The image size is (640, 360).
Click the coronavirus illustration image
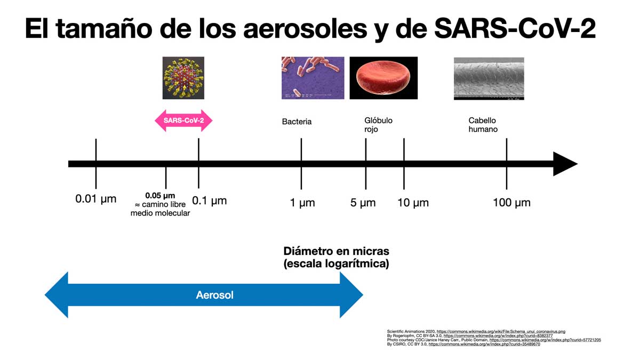(x=183, y=78)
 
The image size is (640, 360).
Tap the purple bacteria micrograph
(x=313, y=78)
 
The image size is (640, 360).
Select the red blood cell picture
(x=383, y=78)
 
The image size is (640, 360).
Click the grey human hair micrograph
(x=489, y=78)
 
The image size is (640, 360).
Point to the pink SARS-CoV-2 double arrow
(x=183, y=121)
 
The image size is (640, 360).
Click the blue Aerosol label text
(x=214, y=295)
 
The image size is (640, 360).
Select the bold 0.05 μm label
(x=160, y=196)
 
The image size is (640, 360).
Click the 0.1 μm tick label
(x=209, y=201)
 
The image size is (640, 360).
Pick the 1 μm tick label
(x=302, y=203)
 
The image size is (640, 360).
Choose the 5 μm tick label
(x=363, y=203)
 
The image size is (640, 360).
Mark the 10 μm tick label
(x=413, y=203)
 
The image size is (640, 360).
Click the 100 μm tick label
(x=511, y=203)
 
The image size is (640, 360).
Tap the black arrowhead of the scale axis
(x=564, y=164)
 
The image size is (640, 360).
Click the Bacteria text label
(x=297, y=122)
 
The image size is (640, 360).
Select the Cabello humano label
(x=483, y=125)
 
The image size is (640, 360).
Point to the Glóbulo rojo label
(x=378, y=125)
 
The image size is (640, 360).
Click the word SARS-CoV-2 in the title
(x=515, y=29)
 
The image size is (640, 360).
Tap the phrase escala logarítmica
(x=336, y=263)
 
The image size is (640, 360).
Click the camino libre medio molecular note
(x=160, y=209)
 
